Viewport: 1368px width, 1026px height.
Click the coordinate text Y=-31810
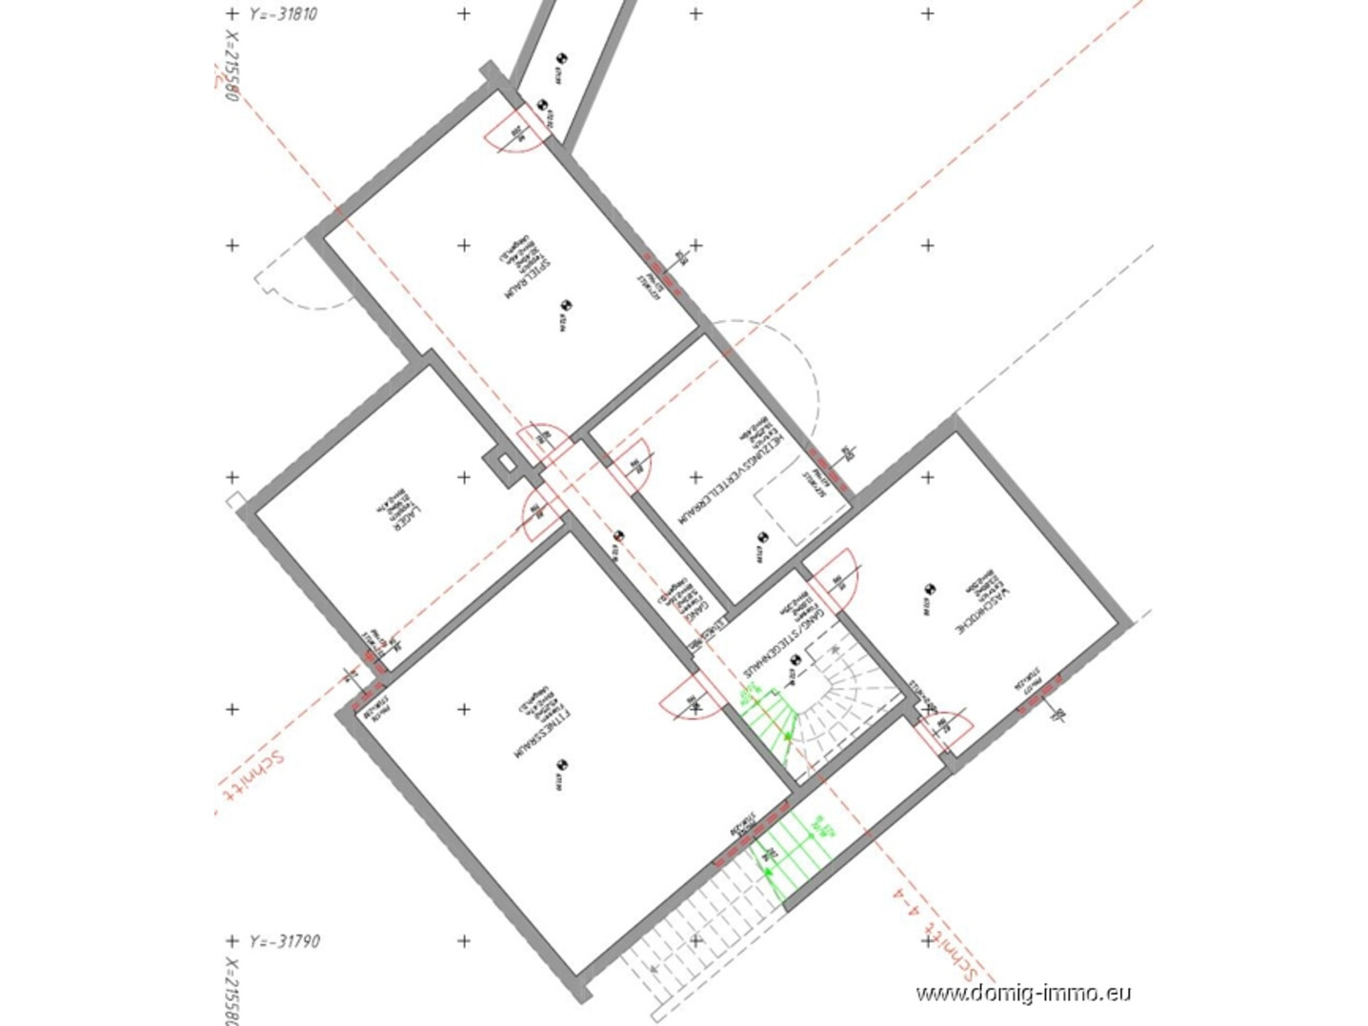click(282, 14)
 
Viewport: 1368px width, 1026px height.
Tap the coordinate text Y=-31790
click(284, 941)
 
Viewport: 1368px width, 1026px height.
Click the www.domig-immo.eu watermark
click(1023, 994)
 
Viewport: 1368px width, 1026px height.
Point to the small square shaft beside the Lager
click(501, 464)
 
